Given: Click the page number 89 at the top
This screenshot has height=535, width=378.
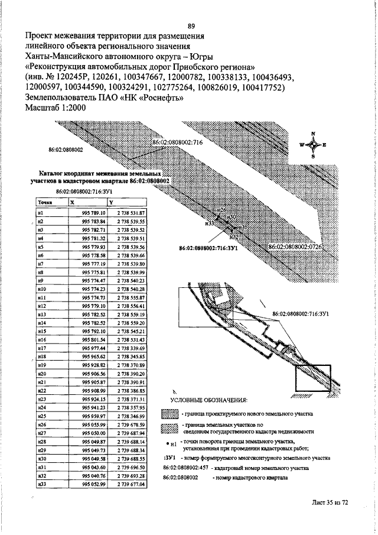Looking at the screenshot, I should (191, 25).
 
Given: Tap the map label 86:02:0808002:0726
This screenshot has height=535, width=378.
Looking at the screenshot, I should (294, 245).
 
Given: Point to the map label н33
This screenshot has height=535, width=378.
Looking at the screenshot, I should (209, 224).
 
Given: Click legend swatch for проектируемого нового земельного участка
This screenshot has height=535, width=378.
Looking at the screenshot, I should (170, 414).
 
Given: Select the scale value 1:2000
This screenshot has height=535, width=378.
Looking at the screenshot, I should (70, 109).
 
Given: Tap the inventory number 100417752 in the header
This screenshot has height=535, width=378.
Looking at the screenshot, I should (262, 87).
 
